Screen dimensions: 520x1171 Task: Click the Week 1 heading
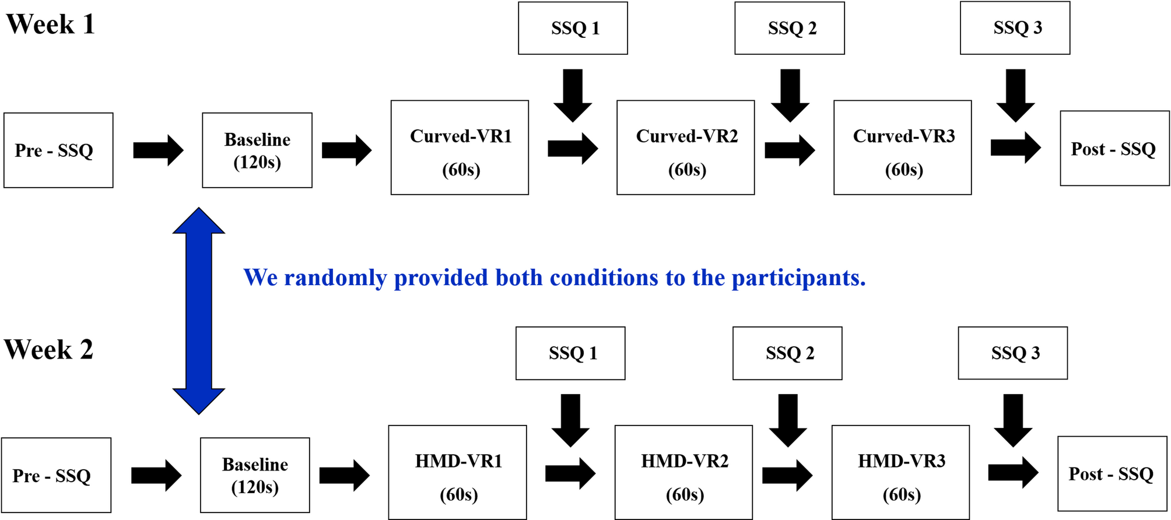(x=50, y=24)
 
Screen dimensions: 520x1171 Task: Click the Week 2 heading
(x=48, y=350)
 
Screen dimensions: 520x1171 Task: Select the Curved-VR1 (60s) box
(x=460, y=147)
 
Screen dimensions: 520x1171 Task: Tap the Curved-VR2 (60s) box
(x=685, y=147)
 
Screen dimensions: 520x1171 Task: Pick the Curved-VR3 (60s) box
(x=902, y=147)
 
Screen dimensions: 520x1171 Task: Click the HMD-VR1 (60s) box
(x=457, y=472)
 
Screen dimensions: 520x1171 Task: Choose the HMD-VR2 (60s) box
(x=683, y=472)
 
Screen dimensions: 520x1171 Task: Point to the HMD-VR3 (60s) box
(x=900, y=472)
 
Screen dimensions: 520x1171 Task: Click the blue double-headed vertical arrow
(x=199, y=311)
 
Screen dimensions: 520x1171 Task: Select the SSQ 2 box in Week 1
(x=790, y=28)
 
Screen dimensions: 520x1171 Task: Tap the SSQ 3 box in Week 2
(x=1013, y=353)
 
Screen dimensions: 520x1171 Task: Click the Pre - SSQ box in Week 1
(x=58, y=150)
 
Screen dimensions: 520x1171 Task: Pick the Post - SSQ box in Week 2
(x=1112, y=474)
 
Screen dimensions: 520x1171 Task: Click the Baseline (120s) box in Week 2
(x=255, y=475)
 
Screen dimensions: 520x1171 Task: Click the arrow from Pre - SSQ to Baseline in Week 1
(x=158, y=150)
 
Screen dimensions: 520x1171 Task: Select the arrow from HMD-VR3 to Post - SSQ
(x=1013, y=472)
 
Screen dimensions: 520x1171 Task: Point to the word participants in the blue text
(x=798, y=278)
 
